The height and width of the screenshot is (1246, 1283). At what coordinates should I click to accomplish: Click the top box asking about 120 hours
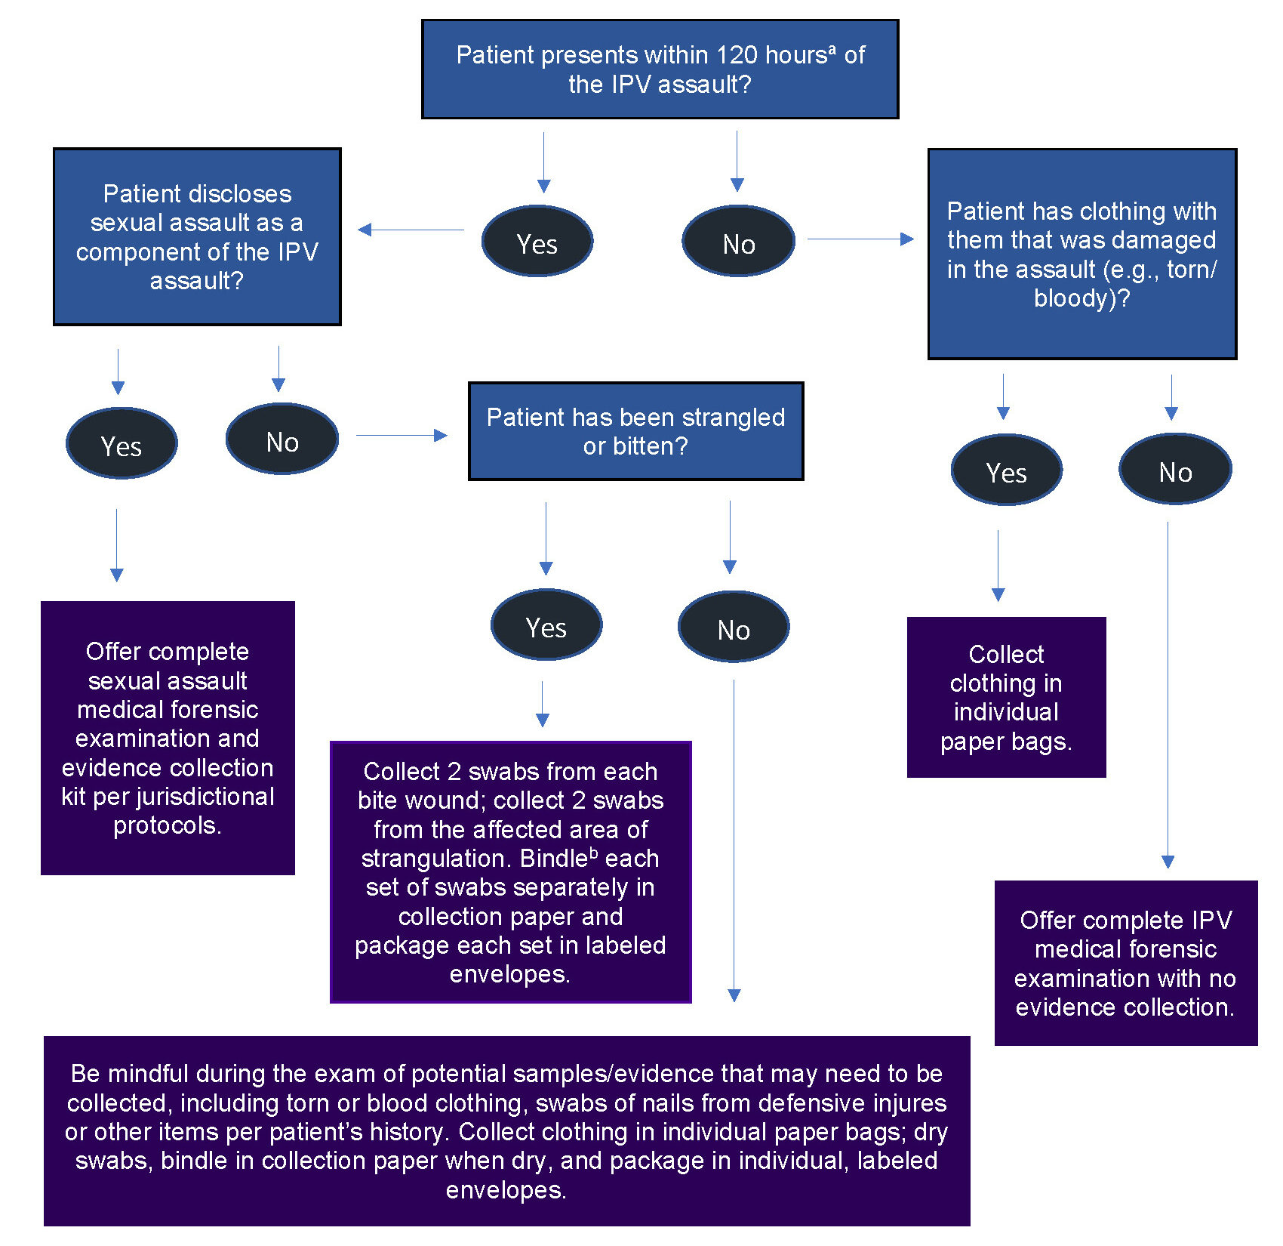pos(660,69)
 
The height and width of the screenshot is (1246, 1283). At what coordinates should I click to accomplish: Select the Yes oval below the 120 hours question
pos(537,242)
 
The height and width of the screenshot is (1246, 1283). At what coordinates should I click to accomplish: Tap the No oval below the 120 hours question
pos(738,242)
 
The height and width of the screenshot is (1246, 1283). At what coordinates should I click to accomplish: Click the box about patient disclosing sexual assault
pos(197,236)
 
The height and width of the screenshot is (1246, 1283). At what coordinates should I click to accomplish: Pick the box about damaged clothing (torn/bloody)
pos(1081,254)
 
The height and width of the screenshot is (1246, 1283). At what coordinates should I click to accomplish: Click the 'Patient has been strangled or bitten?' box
pos(635,431)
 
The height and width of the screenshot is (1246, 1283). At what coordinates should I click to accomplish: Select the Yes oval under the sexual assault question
pos(122,445)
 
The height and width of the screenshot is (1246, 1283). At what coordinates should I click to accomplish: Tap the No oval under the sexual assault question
pos(282,440)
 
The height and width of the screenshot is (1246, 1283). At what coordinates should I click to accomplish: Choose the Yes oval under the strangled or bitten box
pos(546,626)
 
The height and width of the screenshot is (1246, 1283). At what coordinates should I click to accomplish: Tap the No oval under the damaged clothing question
pos(1175,470)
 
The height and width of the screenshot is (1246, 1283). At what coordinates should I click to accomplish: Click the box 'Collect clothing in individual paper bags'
pos(1006,697)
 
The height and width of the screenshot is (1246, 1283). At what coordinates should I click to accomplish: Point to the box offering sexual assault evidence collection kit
pos(168,738)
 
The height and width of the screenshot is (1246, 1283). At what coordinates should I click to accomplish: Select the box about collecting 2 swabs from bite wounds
pos(511,872)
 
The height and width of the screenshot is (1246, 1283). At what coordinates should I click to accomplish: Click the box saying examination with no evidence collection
pos(1125,963)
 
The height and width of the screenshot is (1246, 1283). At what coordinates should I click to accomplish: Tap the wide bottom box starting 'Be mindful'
pos(506,1130)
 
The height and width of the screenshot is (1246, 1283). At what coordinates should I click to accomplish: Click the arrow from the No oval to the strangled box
pos(402,435)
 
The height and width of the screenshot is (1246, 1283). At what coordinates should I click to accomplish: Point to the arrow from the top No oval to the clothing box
pos(860,239)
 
